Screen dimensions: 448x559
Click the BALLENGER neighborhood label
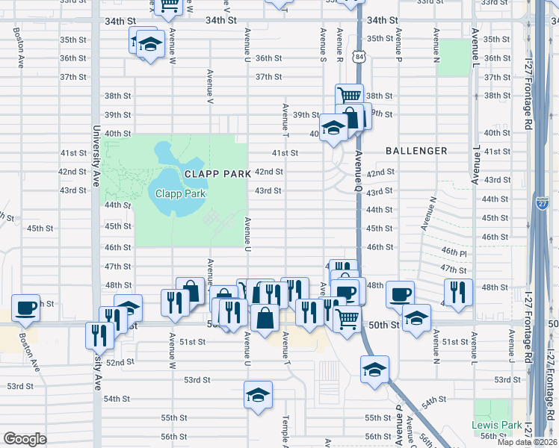pos(416,151)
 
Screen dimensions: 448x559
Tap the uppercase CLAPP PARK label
pos(217,173)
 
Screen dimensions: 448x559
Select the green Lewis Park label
pos(496,425)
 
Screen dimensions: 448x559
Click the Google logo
pos(25,439)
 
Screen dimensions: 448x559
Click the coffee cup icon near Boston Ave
pos(26,308)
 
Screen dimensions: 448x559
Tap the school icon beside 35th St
pos(150,44)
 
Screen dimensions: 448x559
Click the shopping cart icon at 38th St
pos(349,96)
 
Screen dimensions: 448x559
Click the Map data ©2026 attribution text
pos(527,442)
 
